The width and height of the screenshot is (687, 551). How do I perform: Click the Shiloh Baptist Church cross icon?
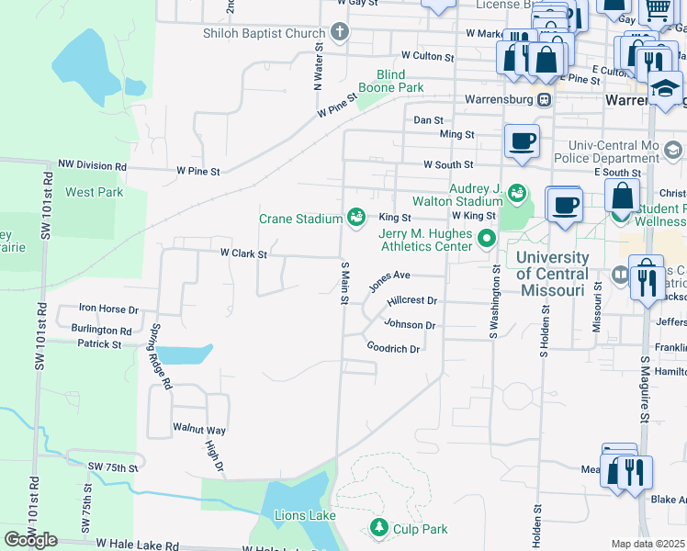[340, 34]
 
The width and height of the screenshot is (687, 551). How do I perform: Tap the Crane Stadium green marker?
[356, 218]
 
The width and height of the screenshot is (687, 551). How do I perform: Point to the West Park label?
[94, 193]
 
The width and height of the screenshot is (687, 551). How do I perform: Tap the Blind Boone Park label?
[400, 81]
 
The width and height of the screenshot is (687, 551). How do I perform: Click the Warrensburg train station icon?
[545, 98]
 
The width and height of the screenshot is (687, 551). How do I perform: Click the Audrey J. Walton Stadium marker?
[517, 194]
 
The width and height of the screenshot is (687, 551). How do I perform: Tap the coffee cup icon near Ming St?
[522, 141]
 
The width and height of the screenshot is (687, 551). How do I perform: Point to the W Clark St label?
[243, 253]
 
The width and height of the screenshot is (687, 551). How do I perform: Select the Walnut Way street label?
[199, 429]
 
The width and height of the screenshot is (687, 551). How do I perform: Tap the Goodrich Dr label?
[393, 349]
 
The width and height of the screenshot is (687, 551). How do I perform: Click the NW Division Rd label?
[92, 165]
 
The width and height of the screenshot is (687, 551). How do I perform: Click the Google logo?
[30, 540]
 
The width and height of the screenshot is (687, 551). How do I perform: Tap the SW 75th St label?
[112, 467]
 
